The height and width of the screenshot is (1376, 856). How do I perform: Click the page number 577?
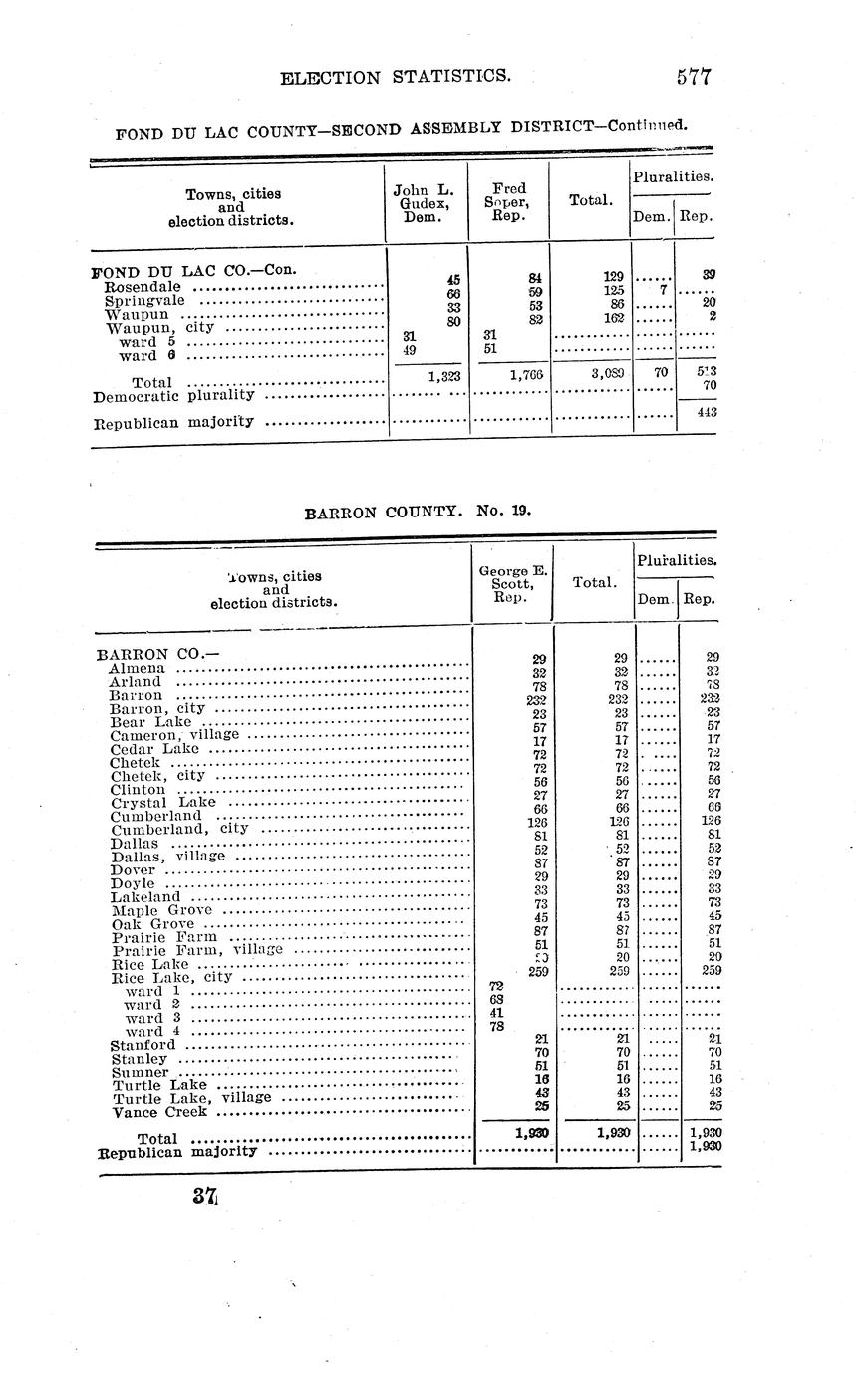[x=693, y=77]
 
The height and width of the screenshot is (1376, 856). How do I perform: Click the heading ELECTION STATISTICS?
[x=397, y=77]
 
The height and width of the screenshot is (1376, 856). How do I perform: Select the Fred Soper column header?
[x=508, y=202]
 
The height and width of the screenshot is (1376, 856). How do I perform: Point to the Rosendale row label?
[x=143, y=286]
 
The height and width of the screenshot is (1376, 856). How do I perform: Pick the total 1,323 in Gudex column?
[x=442, y=376]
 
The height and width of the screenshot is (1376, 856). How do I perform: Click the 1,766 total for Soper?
[x=524, y=376]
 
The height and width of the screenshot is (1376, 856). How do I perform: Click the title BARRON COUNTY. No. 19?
[x=418, y=511]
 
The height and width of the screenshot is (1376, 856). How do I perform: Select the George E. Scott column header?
[x=511, y=584]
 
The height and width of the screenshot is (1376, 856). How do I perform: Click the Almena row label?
[x=138, y=668]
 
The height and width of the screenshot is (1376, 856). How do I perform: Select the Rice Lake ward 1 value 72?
[x=496, y=985]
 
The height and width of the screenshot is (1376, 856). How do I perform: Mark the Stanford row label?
[x=143, y=1045]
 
